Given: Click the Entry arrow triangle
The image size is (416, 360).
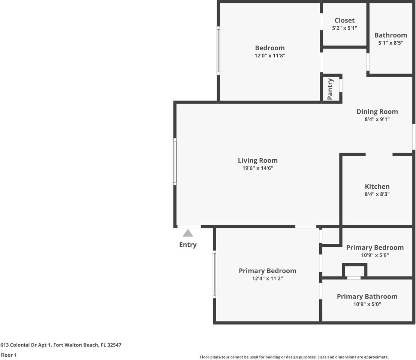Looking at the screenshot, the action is (188, 233).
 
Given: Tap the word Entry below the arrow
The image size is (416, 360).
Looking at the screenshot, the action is (188, 244).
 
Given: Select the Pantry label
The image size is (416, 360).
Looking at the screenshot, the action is (330, 88).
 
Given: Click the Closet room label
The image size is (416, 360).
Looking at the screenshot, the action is (344, 21).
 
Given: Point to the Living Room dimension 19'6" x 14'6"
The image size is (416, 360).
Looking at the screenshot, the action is (257, 168).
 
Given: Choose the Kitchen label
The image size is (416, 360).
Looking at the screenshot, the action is (377, 187).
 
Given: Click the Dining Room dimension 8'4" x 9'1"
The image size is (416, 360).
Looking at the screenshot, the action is (377, 119).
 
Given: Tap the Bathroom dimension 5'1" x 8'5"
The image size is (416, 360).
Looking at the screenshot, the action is (391, 43).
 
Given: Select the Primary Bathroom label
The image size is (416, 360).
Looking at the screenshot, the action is (367, 297).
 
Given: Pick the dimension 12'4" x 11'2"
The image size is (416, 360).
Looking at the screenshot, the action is (268, 279).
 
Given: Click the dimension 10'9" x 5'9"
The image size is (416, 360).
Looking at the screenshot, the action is (375, 255).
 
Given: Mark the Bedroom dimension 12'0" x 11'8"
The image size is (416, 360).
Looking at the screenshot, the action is (270, 55).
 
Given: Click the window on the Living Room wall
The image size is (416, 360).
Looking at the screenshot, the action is (175, 162).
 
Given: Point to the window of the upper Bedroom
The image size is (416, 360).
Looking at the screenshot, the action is (218, 51).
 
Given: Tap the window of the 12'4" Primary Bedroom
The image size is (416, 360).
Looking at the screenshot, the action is (214, 274).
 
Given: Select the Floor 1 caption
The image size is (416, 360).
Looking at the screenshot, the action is (9, 355).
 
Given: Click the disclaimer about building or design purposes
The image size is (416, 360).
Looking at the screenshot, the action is (294, 357).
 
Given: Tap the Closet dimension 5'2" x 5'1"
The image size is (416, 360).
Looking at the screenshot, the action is (344, 28).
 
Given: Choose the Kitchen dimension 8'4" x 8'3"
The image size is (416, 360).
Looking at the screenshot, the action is (377, 194).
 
